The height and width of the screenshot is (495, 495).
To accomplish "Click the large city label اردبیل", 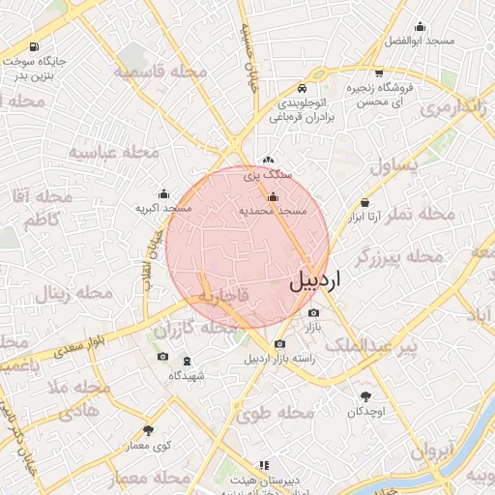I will point(314,281).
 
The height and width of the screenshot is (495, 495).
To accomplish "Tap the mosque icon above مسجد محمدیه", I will point(273,197).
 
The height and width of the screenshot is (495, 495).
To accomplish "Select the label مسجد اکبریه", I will point(163,208).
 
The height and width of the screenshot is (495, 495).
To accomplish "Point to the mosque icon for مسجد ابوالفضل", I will point(419,27).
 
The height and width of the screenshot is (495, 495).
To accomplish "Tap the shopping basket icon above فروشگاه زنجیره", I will point(377,73).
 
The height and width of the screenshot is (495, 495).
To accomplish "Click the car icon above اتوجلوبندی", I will point(304,86).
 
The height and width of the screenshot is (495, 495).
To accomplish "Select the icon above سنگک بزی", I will point(268,160).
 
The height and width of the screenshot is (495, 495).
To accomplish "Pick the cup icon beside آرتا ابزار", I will point(364,202).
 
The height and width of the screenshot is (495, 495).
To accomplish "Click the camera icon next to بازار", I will point(312,313).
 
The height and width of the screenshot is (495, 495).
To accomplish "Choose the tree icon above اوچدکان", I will point(365,396).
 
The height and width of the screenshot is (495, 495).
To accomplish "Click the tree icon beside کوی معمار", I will point(148,430).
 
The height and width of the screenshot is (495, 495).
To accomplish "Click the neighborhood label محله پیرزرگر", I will point(399,258).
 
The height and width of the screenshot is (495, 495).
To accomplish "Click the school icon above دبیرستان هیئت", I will point(261,465).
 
